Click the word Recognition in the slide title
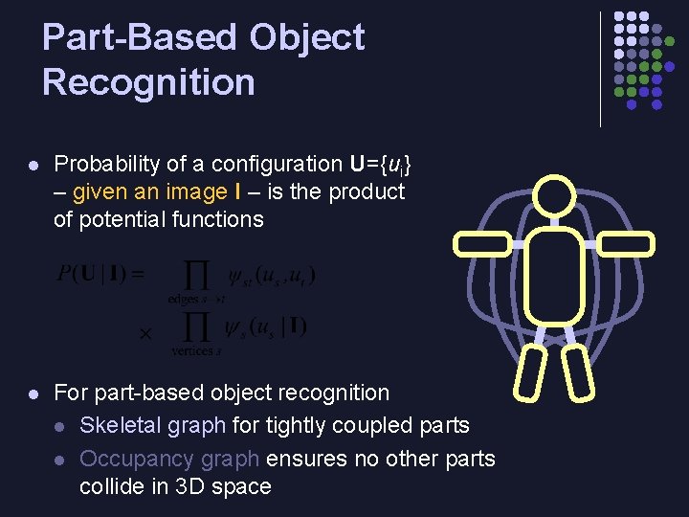148,82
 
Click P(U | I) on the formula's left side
100,275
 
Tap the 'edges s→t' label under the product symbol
197,299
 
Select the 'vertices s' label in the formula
196,350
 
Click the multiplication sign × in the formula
145,333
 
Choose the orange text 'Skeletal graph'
153,425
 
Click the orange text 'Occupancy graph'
170,459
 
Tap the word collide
112,486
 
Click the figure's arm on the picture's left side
483,243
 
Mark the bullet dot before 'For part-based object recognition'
33,393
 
